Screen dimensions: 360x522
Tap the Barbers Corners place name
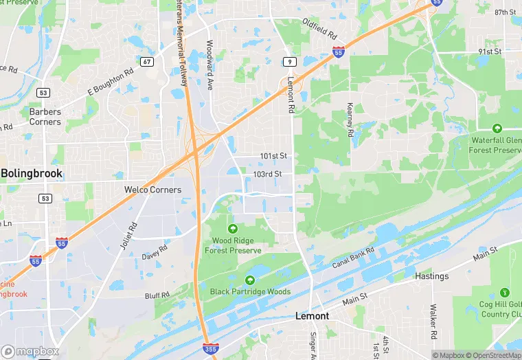45,117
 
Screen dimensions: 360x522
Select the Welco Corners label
152,190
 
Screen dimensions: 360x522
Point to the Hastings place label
431,276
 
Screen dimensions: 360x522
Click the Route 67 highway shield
147,62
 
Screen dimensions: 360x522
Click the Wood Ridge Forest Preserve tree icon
232,228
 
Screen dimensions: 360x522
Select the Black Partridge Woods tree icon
250,280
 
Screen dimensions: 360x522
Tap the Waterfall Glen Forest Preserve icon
497,128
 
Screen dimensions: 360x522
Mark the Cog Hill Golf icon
506,292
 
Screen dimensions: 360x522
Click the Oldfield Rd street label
320,28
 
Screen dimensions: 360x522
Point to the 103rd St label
267,175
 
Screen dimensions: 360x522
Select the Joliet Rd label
128,236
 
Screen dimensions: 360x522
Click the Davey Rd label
155,252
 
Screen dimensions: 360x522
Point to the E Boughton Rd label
110,82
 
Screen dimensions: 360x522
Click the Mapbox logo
30,351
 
